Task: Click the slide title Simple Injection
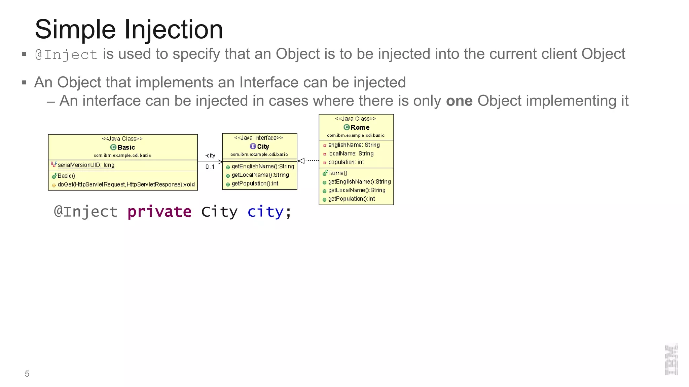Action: [129, 30]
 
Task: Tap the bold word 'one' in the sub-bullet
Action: [459, 101]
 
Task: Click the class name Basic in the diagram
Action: [126, 147]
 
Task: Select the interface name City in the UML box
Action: [263, 147]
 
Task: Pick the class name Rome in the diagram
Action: [360, 128]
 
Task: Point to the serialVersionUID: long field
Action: [86, 165]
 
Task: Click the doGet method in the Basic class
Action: [126, 184]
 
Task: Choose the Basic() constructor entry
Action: [66, 176]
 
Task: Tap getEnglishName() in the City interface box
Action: [263, 166]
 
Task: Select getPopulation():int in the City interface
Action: [255, 183]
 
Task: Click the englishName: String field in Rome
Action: [354, 145]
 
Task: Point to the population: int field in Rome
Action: [346, 162]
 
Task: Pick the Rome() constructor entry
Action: [337, 173]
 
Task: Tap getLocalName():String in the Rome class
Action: [357, 190]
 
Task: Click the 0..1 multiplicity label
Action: [210, 167]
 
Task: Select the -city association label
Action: [210, 155]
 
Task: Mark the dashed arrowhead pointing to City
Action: [301, 161]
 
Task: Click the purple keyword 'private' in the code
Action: [159, 212]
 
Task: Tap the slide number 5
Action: [27, 374]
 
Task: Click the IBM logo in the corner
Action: [671, 359]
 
